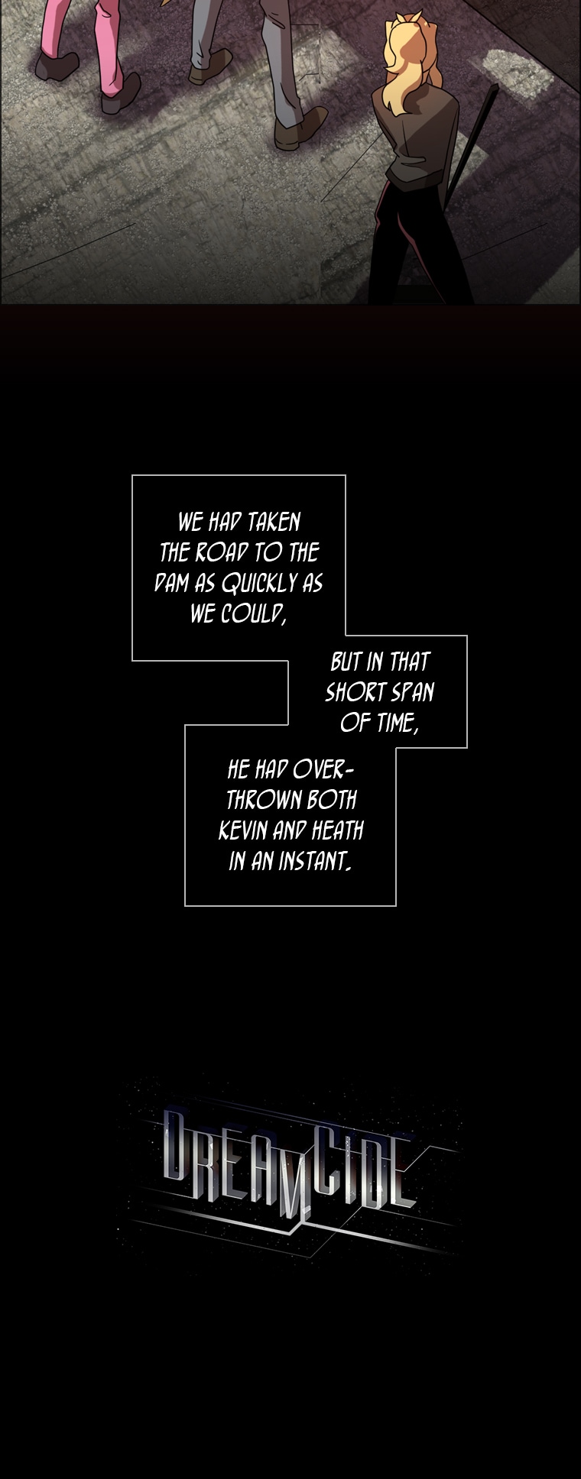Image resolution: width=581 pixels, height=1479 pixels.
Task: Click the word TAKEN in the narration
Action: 274,522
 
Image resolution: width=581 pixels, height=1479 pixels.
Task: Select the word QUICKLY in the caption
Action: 258,584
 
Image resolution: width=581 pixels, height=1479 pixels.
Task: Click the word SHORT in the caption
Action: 355,692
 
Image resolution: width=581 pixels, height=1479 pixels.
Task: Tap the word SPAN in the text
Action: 412,692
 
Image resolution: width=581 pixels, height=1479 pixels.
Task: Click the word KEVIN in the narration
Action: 243,830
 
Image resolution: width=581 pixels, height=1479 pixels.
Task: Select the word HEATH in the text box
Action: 337,830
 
